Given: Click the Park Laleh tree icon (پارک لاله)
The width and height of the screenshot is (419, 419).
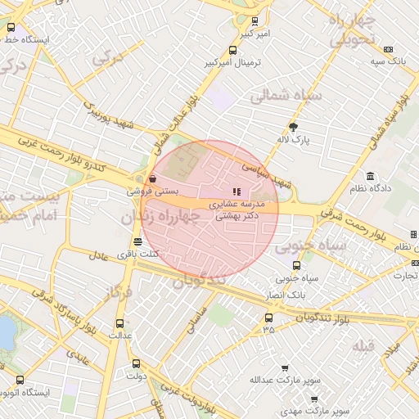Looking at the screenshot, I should point(293,126).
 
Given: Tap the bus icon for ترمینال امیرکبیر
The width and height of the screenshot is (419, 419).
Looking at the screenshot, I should point(233,50).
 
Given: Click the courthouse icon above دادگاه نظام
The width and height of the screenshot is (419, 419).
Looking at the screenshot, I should point(371,177).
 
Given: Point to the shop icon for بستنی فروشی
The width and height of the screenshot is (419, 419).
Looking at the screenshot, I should point(153,178).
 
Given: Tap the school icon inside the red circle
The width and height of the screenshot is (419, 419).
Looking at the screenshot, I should point(237,191).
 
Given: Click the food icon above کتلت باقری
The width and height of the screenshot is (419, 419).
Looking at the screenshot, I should point(137,242).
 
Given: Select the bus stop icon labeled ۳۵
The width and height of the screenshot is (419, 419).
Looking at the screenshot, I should point(268,318).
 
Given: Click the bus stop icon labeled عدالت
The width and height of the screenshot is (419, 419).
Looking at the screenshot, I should point(120,323).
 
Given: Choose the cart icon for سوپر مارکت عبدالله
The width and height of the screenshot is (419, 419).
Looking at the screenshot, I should point(285,369).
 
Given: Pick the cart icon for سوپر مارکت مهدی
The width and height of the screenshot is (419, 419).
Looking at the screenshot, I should point(314,399).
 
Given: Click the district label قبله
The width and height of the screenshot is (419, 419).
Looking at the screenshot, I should point(363,346).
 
